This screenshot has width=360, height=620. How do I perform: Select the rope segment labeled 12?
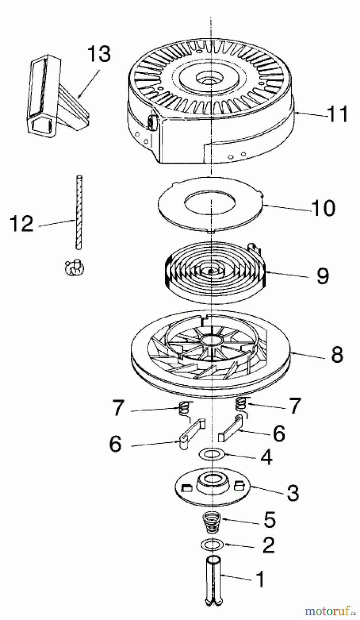[79, 212]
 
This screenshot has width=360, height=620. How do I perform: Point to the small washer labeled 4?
[212, 455]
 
